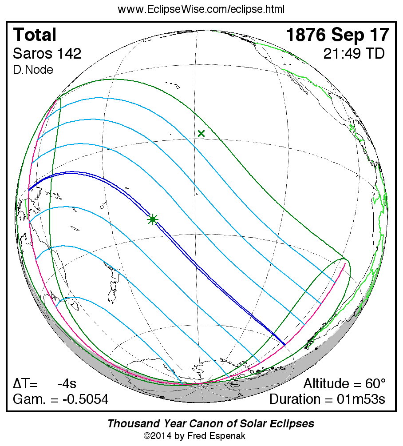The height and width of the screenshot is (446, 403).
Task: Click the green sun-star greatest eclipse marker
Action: pyautogui.click(x=153, y=219)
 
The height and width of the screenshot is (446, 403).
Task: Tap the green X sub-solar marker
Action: pyautogui.click(x=201, y=133)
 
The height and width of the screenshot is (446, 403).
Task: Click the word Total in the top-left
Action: pyautogui.click(x=35, y=35)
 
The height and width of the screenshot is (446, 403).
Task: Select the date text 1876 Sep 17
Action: pyautogui.click(x=337, y=35)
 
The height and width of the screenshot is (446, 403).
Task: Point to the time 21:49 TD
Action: pyautogui.click(x=354, y=54)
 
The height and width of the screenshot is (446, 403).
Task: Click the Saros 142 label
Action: pyautogui.click(x=47, y=54)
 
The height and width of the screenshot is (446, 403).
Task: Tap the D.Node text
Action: pyautogui.click(x=33, y=70)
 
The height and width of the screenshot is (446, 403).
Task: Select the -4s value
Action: pyautogui.click(x=67, y=384)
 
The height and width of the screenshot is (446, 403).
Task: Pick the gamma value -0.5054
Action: pyautogui.click(x=85, y=399)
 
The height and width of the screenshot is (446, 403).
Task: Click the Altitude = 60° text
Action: pyautogui.click(x=344, y=384)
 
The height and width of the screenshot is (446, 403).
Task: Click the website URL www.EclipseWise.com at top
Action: pyautogui.click(x=201, y=9)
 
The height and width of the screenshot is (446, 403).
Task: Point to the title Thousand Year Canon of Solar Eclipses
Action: pyautogui.click(x=211, y=423)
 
